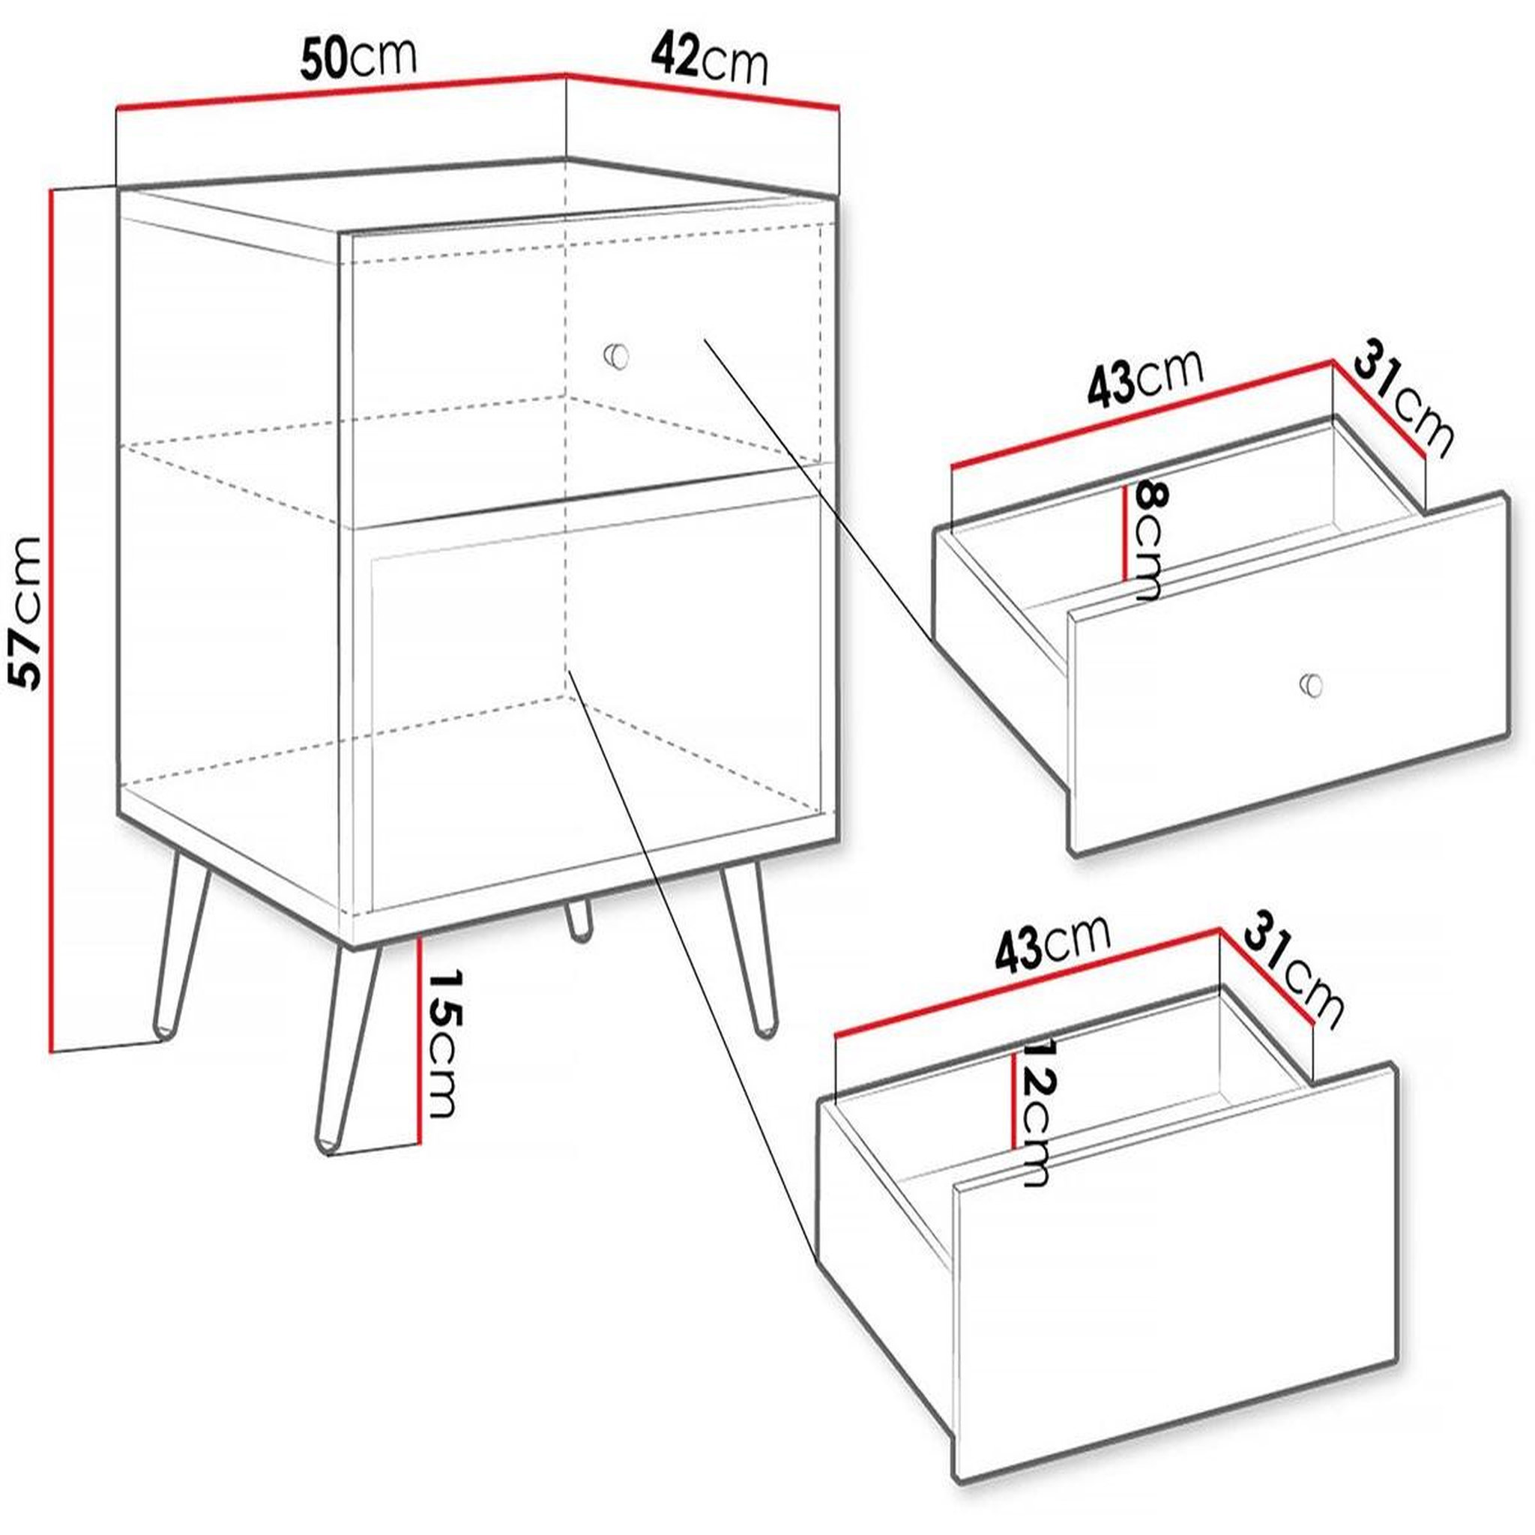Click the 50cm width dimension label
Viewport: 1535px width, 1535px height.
pos(358,58)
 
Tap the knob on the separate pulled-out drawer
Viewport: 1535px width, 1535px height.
pos(1312,684)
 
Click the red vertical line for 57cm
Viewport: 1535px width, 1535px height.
pos(52,621)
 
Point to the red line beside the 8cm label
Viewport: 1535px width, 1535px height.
pos(1126,533)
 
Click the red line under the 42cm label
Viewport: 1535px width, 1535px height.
pos(702,92)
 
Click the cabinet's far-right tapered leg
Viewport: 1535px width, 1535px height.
pos(750,951)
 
